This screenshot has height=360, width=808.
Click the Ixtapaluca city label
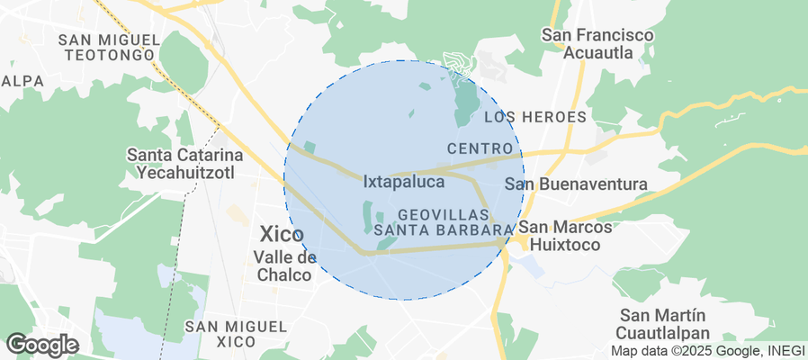[x=404, y=182]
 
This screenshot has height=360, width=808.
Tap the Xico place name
[x=281, y=235]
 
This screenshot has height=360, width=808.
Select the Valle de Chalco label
[x=284, y=265]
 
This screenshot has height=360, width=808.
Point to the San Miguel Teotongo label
[x=108, y=47]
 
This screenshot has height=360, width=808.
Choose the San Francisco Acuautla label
[x=597, y=43]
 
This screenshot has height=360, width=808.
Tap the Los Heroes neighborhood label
[x=534, y=117]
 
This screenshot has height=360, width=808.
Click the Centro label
[x=480, y=148]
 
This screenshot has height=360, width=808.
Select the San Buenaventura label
[x=576, y=184]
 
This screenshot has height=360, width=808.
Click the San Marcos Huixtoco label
[x=566, y=235]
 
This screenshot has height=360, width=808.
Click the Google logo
[x=41, y=344]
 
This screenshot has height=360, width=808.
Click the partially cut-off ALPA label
[x=22, y=81]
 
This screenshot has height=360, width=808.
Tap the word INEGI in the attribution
[x=786, y=351]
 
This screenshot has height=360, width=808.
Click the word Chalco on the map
[x=284, y=274]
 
